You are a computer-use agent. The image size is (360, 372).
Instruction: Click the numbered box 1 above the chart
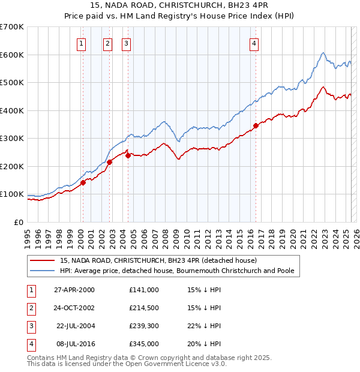point(81,43)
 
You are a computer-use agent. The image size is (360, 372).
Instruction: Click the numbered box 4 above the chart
point(254,43)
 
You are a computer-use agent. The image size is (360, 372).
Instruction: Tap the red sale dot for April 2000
point(83,183)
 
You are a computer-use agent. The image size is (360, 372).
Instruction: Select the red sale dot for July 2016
point(256,125)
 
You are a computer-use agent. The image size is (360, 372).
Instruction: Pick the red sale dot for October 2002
point(109,162)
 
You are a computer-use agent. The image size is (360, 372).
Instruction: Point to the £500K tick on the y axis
point(12,82)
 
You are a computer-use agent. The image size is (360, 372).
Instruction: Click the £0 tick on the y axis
point(18,222)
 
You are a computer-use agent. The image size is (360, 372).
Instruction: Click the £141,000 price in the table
point(143,290)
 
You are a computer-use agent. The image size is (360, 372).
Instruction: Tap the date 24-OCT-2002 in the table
point(74,308)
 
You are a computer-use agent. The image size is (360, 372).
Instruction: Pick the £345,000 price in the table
point(143,344)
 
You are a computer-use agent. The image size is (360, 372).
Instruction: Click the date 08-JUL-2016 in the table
point(74,344)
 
